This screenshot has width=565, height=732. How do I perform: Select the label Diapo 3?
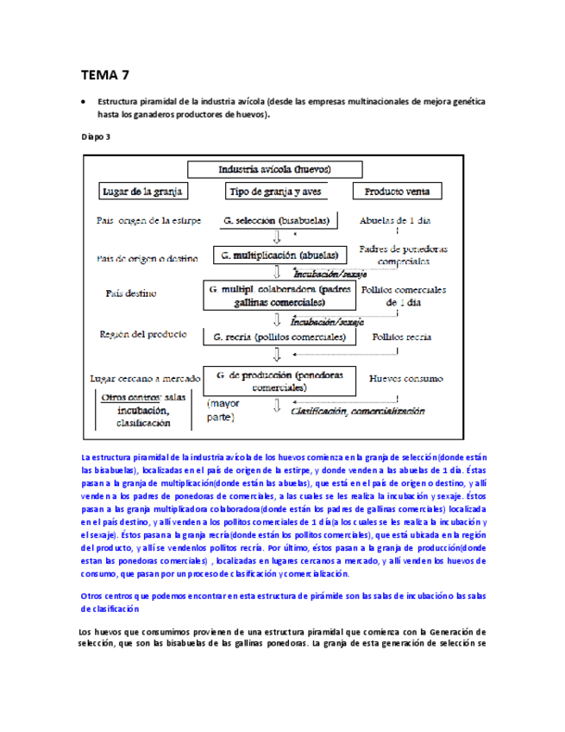[96, 136]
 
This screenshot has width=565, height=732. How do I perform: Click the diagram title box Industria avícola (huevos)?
[276, 169]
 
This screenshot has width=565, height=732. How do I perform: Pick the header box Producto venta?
[397, 191]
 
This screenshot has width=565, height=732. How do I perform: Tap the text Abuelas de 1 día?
[395, 220]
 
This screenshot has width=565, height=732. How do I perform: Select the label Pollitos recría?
[401, 337]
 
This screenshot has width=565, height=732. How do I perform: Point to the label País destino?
[131, 293]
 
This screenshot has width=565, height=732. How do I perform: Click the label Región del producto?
[141, 334]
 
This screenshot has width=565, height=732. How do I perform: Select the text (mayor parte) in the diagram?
[226, 410]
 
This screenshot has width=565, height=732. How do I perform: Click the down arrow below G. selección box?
[277, 237]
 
